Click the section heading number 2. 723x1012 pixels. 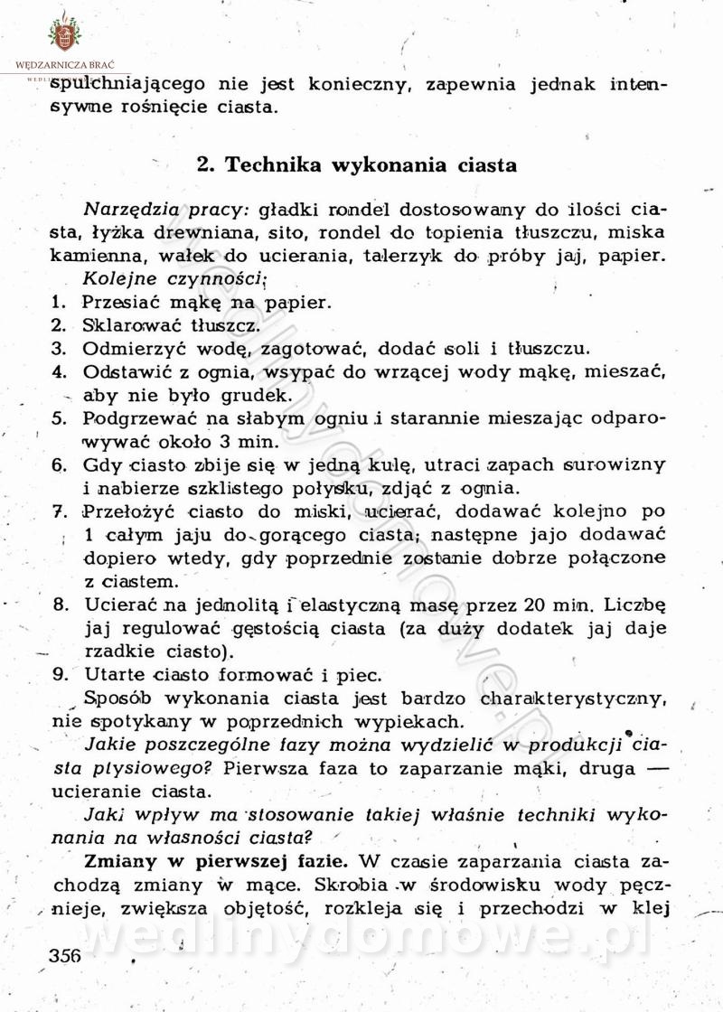tap(204, 165)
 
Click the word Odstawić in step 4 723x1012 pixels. tap(124, 371)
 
